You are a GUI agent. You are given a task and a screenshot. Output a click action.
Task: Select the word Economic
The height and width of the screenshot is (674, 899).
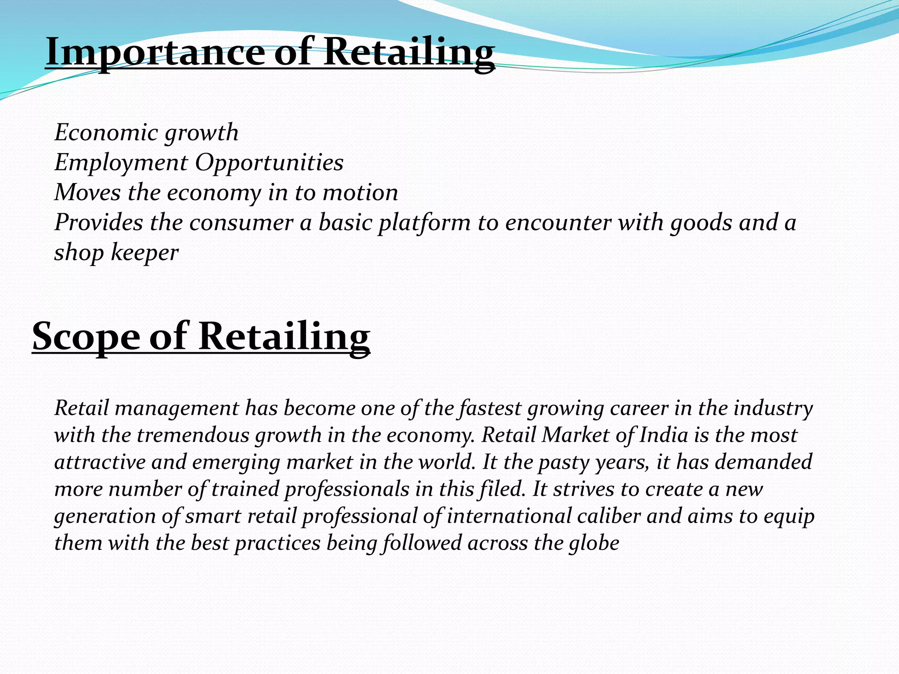pyautogui.click(x=106, y=133)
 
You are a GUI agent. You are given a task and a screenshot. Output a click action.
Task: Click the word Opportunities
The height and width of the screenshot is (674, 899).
pyautogui.click(x=269, y=163)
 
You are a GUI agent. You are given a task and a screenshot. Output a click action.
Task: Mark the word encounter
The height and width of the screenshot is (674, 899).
pyautogui.click(x=558, y=222)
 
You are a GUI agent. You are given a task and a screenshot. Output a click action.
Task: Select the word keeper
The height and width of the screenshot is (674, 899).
pyautogui.click(x=145, y=253)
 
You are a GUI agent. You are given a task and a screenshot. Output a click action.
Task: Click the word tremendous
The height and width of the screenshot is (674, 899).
pyautogui.click(x=193, y=435)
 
